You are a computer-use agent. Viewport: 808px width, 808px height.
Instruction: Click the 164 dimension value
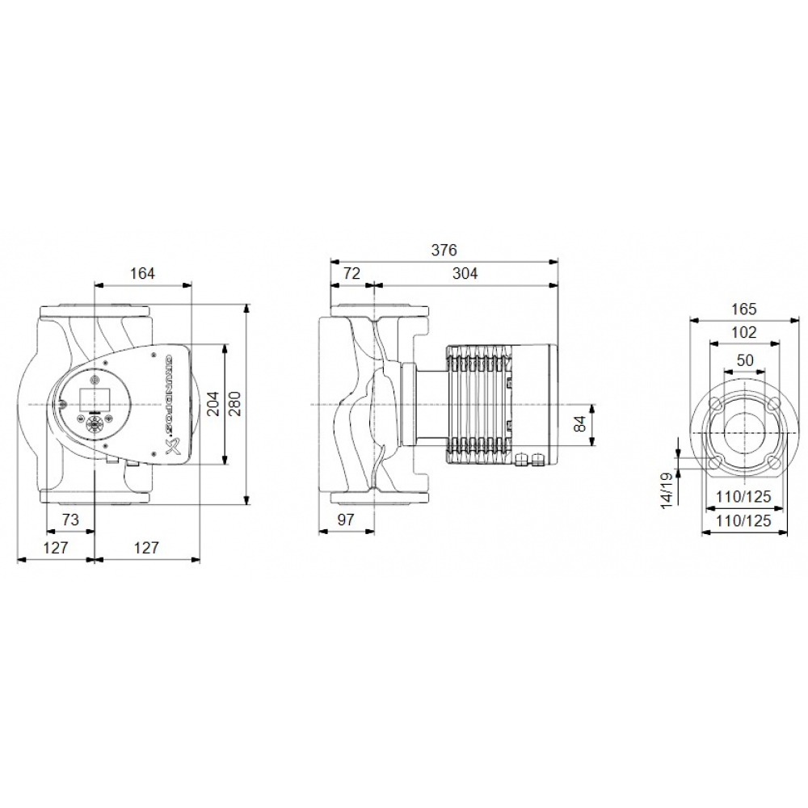(142, 273)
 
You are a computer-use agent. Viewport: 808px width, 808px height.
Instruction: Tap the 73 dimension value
(71, 520)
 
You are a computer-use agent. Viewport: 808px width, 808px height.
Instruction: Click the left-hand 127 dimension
(56, 547)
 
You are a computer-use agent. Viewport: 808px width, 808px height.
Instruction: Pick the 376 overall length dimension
(444, 250)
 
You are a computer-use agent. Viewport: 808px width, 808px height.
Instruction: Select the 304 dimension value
(465, 273)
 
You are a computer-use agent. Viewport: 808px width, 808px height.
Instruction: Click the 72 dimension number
(351, 273)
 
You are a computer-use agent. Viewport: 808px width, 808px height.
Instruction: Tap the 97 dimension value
(346, 520)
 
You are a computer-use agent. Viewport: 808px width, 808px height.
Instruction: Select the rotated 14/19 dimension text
(667, 489)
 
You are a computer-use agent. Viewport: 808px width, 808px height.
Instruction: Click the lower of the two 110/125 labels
(743, 521)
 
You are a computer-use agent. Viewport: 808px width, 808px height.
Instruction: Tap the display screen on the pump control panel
(90, 397)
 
